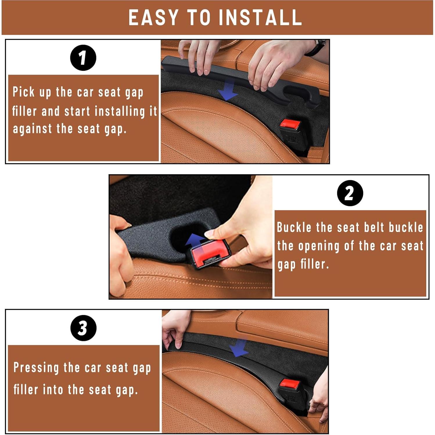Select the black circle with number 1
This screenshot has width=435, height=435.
click(83, 58)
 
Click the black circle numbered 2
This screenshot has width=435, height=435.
click(350, 193)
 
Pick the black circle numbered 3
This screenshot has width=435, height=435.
click(83, 328)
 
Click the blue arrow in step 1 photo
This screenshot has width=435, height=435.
click(229, 90)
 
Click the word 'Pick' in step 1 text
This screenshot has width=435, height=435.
click(24, 92)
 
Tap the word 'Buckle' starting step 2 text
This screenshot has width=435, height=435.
click(294, 227)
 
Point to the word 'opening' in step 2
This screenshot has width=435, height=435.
click(319, 246)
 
